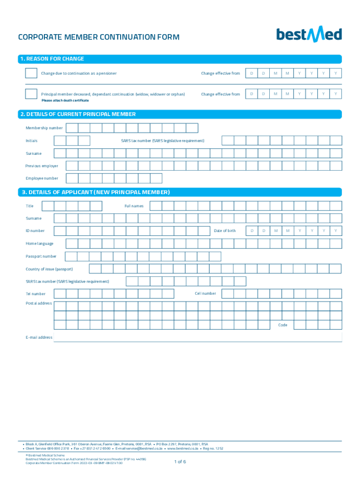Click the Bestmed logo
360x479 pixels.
(x=309, y=35)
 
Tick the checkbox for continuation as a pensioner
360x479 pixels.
(x=31, y=73)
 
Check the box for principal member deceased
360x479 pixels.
(x=31, y=94)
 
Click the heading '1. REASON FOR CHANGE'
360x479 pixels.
(x=51, y=59)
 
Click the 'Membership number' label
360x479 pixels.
(x=44, y=128)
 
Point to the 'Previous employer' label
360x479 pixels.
(x=42, y=166)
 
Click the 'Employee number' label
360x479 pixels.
(x=42, y=178)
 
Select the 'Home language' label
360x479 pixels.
(x=39, y=243)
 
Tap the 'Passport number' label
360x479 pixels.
(x=41, y=256)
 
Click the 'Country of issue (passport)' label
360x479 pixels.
(x=49, y=269)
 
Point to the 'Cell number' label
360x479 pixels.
(x=205, y=293)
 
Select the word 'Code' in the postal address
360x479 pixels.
(x=282, y=325)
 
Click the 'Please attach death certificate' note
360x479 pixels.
(x=65, y=101)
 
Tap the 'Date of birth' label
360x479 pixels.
(x=225, y=231)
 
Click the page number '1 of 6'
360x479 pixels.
(x=180, y=462)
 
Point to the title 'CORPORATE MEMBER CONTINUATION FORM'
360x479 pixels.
(x=98, y=37)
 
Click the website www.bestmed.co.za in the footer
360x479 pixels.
(x=182, y=448)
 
